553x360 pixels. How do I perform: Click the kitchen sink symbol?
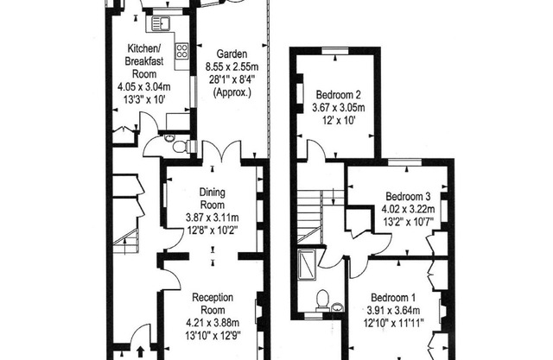coord(161,23)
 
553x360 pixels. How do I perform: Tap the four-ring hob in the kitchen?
coord(182,50)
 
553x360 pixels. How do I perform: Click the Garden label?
coord(232,54)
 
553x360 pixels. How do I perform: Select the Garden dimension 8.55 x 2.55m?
coord(232,66)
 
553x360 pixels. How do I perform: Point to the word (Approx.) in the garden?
coord(232,92)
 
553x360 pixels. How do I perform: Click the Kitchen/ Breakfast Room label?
coord(144,61)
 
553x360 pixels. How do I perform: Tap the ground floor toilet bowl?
coord(181,147)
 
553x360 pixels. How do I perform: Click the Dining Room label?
coord(213,199)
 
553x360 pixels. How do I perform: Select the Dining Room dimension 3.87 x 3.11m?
coord(213,218)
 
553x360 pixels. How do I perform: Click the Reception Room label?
coord(213,304)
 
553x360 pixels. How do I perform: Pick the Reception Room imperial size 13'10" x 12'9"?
coord(213,335)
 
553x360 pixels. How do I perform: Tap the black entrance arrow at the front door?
coord(140,351)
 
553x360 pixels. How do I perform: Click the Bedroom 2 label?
coord(338,95)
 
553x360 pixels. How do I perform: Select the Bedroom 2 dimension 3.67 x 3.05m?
coord(339,107)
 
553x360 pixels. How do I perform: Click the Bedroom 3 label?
coord(408,196)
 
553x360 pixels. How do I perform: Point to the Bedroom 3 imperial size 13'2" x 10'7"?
coord(408,222)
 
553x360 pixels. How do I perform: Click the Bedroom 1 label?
coord(393,298)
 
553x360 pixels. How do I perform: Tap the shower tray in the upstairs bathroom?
coord(307,264)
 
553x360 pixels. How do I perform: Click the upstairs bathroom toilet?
coord(322,300)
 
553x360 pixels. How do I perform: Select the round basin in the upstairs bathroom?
coord(338,307)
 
